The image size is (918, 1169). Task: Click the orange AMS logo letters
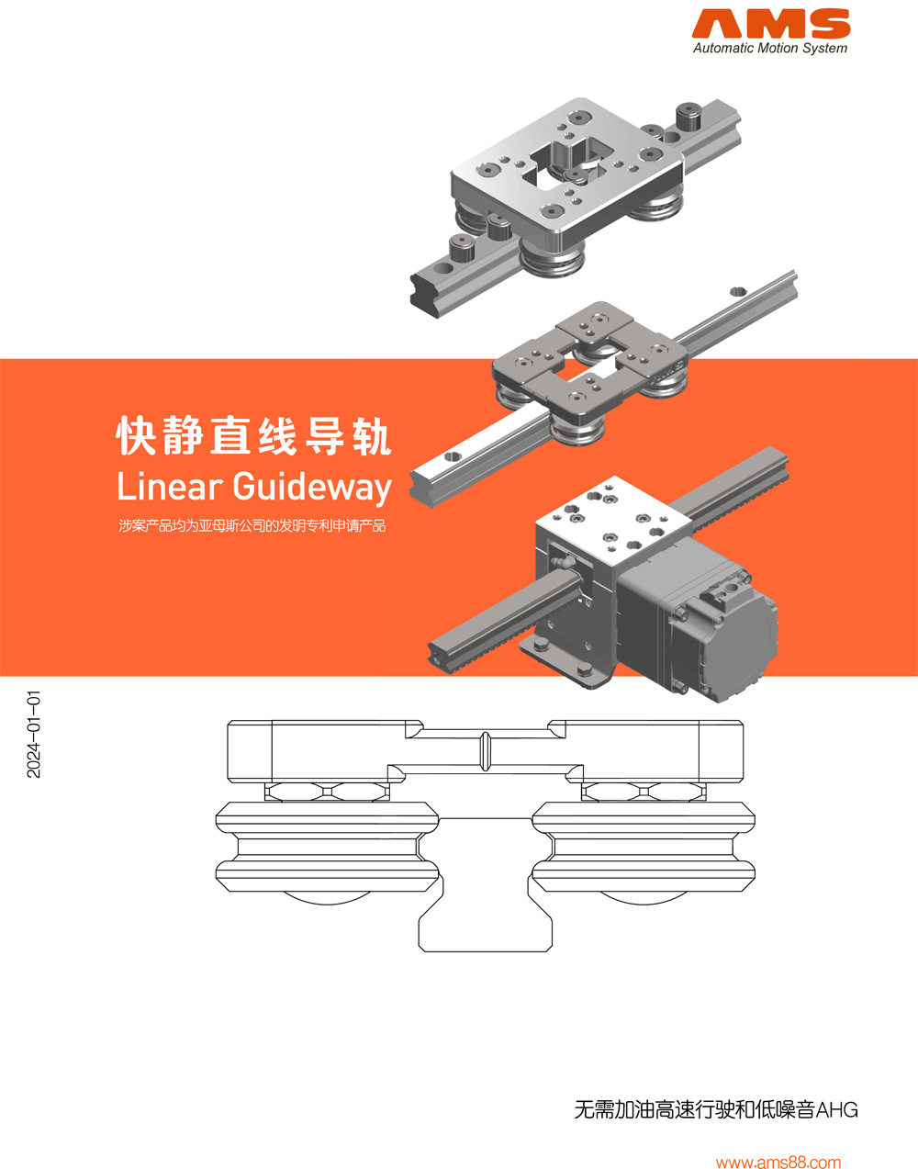click(770, 25)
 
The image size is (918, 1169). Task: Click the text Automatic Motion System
click(769, 49)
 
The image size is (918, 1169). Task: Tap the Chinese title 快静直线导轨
click(253, 435)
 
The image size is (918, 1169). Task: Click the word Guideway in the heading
click(312, 487)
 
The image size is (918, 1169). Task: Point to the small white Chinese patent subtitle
click(252, 526)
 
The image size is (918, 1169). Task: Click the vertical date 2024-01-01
click(34, 735)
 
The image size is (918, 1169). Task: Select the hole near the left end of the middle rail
click(451, 455)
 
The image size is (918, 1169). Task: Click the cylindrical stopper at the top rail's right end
click(688, 118)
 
